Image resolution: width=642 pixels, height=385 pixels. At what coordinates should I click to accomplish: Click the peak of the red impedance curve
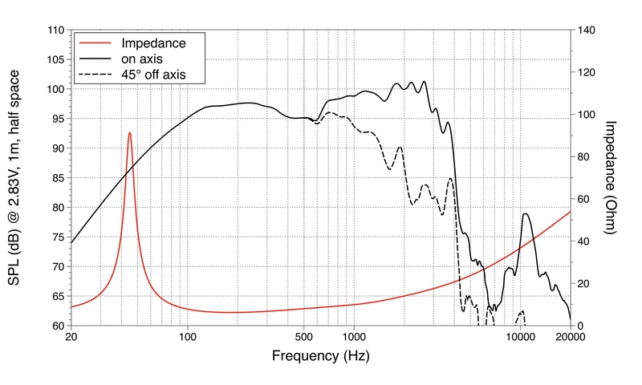130,132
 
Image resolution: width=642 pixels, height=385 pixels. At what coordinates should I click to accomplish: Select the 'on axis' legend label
142,59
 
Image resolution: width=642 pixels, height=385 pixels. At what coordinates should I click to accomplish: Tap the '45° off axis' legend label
153,75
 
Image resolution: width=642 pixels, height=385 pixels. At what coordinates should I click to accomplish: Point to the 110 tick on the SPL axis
56,30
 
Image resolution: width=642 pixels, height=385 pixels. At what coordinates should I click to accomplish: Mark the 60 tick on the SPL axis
58,326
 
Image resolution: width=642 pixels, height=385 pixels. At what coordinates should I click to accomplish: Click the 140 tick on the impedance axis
587,30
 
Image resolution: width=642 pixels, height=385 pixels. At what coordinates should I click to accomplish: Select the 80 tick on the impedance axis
584,156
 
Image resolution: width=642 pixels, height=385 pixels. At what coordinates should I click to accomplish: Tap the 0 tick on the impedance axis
580,326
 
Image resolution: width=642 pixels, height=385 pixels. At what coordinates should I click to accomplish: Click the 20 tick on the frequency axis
71,337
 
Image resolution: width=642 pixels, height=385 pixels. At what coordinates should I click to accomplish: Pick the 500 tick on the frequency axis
304,337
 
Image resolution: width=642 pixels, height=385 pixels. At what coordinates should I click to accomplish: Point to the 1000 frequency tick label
354,337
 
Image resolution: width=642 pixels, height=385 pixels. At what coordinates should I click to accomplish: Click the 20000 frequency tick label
571,337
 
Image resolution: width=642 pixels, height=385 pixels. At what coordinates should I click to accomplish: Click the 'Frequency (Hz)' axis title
320,355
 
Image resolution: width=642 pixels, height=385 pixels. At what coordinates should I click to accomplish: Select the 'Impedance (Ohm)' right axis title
610,177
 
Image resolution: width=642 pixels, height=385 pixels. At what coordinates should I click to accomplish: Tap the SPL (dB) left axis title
14,177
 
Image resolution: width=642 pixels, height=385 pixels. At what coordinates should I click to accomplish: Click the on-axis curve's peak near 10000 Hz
526,214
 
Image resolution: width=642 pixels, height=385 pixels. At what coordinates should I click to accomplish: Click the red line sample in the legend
95,43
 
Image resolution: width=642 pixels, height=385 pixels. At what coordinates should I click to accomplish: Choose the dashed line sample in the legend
95,75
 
